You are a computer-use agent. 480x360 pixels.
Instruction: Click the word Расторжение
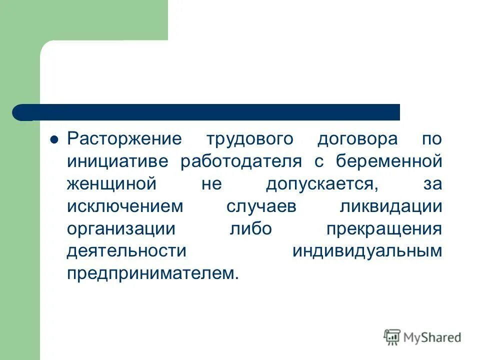click(124, 139)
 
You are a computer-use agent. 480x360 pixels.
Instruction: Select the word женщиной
click(112, 184)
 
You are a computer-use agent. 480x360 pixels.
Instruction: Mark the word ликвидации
click(390, 206)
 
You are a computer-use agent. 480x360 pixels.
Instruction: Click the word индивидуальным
click(367, 251)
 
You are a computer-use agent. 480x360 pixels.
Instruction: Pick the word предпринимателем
click(150, 273)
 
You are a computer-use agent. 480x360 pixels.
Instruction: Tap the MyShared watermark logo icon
click(392, 337)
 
